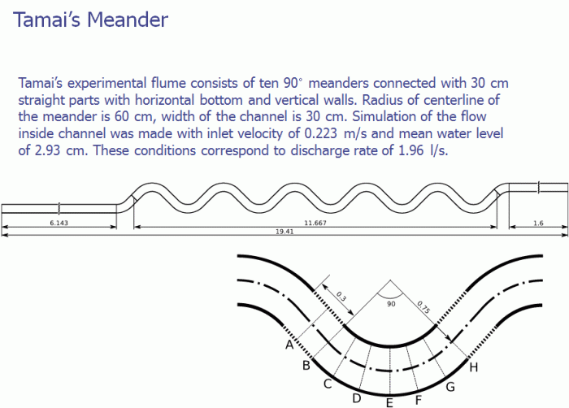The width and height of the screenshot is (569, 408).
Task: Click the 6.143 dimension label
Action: click(x=59, y=222)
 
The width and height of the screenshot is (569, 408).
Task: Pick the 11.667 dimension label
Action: click(x=315, y=222)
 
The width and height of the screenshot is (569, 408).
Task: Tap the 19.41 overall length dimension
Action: click(x=283, y=232)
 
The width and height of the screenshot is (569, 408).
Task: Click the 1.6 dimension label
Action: click(x=538, y=222)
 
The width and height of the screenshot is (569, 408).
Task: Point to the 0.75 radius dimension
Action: click(x=423, y=307)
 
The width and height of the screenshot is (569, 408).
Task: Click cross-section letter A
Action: click(x=289, y=345)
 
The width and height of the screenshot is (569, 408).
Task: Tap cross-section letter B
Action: click(x=306, y=366)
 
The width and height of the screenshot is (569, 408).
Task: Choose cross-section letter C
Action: click(x=328, y=384)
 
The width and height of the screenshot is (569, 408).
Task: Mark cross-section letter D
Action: click(x=356, y=397)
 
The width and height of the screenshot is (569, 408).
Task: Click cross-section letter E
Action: click(x=390, y=401)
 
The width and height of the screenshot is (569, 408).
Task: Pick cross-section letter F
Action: click(x=419, y=399)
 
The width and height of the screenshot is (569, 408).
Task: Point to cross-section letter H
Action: click(x=473, y=367)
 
